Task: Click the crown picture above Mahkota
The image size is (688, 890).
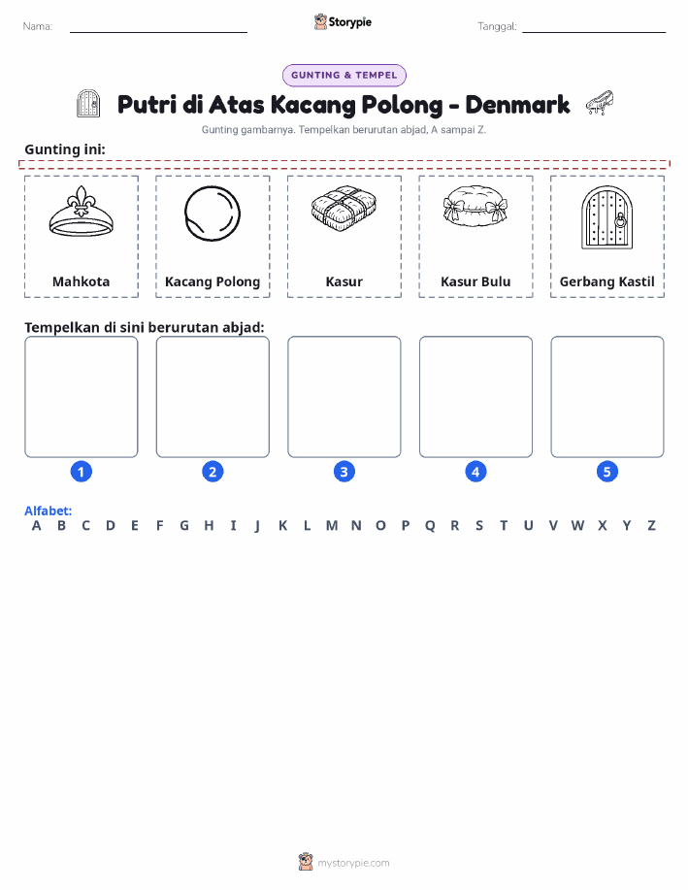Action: [x=82, y=212]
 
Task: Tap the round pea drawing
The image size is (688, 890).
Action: [x=213, y=214]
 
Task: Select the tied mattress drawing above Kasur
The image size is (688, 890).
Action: [x=344, y=209]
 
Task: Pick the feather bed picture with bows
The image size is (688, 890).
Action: [x=475, y=206]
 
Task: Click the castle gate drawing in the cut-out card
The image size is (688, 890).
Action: [x=606, y=217]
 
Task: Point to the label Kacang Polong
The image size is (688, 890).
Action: [x=213, y=281]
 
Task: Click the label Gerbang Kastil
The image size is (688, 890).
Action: [x=606, y=281]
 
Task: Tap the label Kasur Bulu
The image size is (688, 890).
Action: [x=475, y=281]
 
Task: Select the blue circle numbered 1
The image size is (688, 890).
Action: [x=82, y=472]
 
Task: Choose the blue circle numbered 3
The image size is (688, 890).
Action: [x=344, y=472]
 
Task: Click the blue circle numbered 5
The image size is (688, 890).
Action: [x=606, y=472]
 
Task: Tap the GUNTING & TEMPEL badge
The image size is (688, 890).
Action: [x=344, y=76]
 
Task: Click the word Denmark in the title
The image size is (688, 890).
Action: [x=517, y=105]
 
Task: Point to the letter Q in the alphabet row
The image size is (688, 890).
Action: [x=430, y=526]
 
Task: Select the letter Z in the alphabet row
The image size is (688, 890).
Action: [x=652, y=526]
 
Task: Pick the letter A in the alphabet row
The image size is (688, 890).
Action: [x=36, y=526]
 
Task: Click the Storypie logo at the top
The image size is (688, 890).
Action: [x=343, y=22]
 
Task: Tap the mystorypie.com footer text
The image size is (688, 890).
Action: [x=353, y=863]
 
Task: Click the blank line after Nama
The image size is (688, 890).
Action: [x=158, y=32]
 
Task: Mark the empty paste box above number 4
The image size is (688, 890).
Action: [x=475, y=397]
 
